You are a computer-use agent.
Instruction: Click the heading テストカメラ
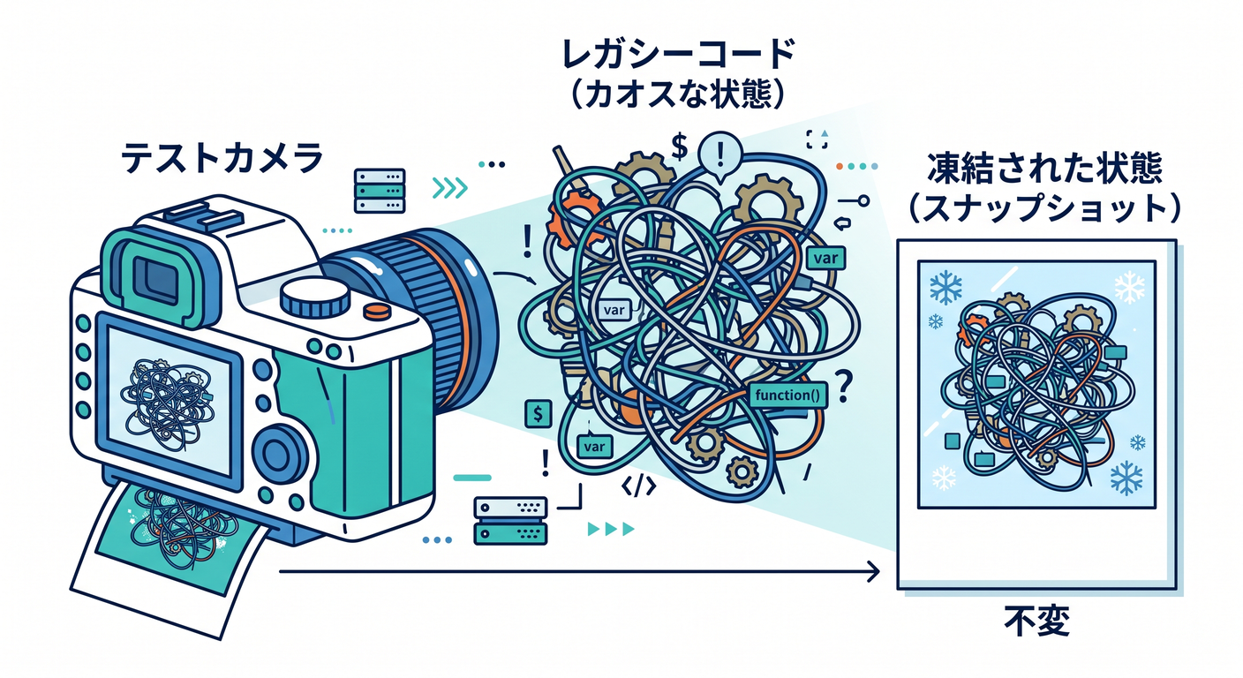pos(222,157)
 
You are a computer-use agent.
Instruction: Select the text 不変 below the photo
pos(1036,621)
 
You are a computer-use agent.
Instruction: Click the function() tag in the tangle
pos(787,395)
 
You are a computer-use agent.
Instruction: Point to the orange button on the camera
pos(377,311)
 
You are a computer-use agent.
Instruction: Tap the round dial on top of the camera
pos(315,297)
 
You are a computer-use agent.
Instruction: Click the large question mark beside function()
pos(843,386)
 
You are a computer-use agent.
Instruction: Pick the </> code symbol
pos(638,486)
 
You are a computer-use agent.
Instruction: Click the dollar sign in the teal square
pos(538,414)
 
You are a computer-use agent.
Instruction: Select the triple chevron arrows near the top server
pos(449,188)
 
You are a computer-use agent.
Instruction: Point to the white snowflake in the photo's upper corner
pos(1129,287)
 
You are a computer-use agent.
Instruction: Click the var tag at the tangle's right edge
pos(825,258)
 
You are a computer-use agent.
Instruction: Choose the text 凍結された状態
pos(1044,168)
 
